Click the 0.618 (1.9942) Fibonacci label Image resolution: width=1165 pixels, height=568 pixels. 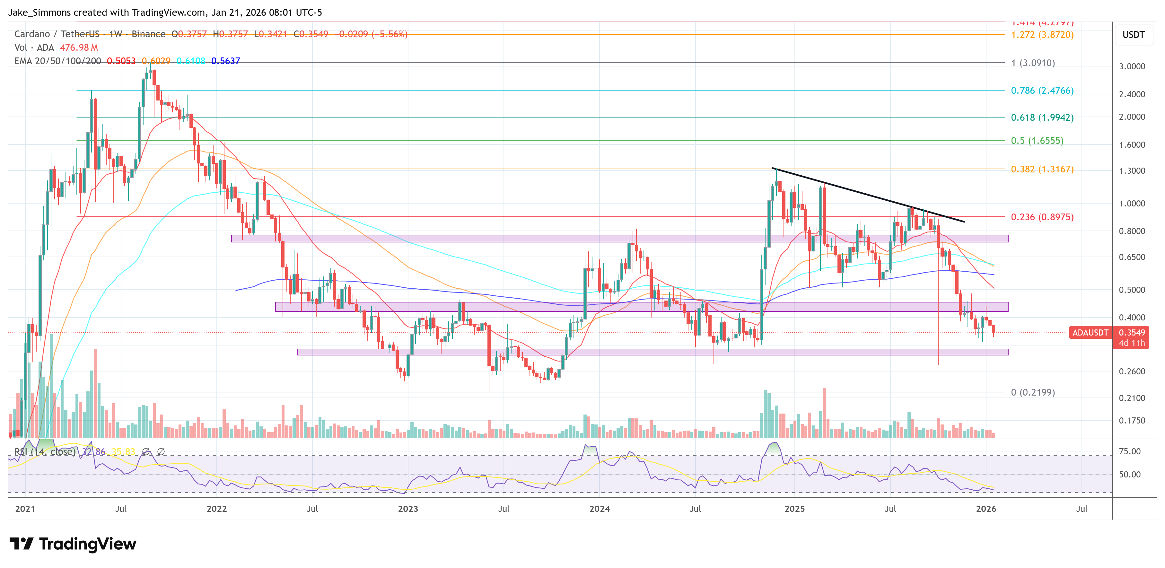pyautogui.click(x=1042, y=118)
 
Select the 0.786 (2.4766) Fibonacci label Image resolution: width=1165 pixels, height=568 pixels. pyautogui.click(x=1042, y=91)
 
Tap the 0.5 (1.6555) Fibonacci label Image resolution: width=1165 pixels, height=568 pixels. pyautogui.click(x=1037, y=141)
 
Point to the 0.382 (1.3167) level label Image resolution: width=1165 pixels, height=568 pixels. pyautogui.click(x=1042, y=169)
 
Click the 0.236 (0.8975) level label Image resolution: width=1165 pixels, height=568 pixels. pyautogui.click(x=1042, y=217)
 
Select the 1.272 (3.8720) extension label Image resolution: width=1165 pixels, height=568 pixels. pyautogui.click(x=1042, y=35)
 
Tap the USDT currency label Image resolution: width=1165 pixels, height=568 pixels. pyautogui.click(x=1133, y=35)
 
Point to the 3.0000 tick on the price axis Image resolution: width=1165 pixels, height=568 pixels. pyautogui.click(x=1132, y=66)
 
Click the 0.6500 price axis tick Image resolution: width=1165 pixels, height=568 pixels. pyautogui.click(x=1132, y=257)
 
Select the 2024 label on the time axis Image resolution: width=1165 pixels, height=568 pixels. pyautogui.click(x=599, y=509)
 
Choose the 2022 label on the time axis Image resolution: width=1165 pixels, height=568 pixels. pyautogui.click(x=217, y=509)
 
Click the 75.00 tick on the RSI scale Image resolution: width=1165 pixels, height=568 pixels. pyautogui.click(x=1129, y=451)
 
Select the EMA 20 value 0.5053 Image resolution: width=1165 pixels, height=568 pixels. pyautogui.click(x=121, y=61)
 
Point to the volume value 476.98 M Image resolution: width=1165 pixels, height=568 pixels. pyautogui.click(x=79, y=48)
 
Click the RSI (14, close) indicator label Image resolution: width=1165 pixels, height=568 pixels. pyautogui.click(x=45, y=452)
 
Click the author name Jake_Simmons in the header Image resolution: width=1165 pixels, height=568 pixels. pyautogui.click(x=40, y=12)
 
